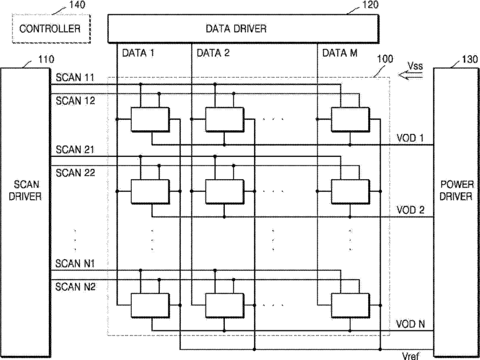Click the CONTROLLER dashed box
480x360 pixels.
point(51,29)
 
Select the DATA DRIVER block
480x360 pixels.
point(243,29)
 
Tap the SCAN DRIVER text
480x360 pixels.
point(25,190)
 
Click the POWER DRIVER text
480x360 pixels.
point(457,190)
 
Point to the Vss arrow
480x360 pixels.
point(411,75)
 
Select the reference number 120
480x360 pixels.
point(370,5)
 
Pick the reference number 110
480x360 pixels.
point(45,59)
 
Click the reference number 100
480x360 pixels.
point(385,59)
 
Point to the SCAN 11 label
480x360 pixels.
point(75,78)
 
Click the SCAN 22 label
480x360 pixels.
point(75,173)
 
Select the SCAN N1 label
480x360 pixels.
point(75,263)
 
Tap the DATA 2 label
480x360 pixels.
point(213,53)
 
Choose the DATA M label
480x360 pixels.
point(340,53)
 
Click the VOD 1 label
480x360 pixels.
point(410,138)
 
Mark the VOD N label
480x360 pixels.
point(410,324)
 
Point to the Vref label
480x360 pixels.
point(410,355)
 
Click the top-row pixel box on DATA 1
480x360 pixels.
point(150,119)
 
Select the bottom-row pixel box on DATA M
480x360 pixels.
point(350,305)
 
